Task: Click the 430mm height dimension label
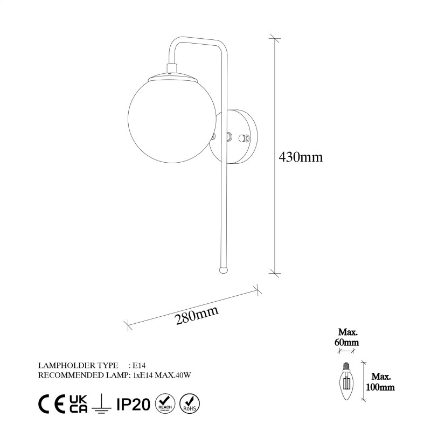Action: coord(301,157)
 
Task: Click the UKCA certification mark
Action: coord(79,404)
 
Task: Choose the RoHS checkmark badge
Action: coord(189,403)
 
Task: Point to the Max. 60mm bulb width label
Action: coord(348,337)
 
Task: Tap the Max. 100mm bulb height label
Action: coord(383,381)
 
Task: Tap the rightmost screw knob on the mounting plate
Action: coord(247,138)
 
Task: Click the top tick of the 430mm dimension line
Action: coord(275,38)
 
